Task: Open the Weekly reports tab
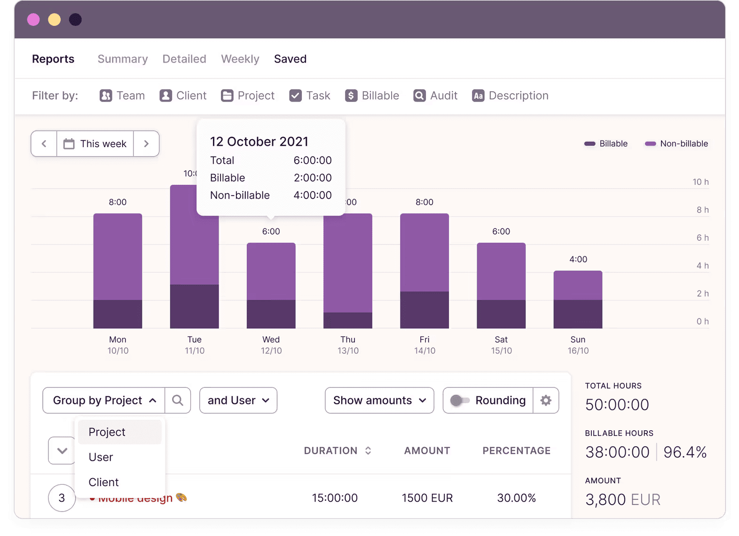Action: click(240, 59)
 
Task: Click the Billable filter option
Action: click(372, 95)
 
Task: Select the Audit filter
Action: click(435, 95)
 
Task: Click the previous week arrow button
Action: click(44, 143)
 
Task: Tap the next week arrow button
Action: click(146, 143)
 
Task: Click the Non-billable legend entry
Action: click(676, 143)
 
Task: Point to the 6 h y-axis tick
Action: click(702, 237)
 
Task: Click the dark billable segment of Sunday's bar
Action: click(578, 314)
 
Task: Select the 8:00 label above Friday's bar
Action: click(424, 202)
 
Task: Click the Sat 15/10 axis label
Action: click(501, 345)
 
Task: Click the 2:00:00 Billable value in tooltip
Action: click(313, 178)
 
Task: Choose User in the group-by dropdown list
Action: click(101, 457)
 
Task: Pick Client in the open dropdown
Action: click(103, 482)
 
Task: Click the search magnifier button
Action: click(178, 400)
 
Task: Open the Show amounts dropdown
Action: click(379, 400)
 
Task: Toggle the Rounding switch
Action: click(459, 400)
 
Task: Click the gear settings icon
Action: click(546, 400)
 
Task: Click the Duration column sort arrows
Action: click(368, 450)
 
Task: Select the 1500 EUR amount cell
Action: click(427, 498)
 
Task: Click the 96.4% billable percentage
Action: click(685, 452)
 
